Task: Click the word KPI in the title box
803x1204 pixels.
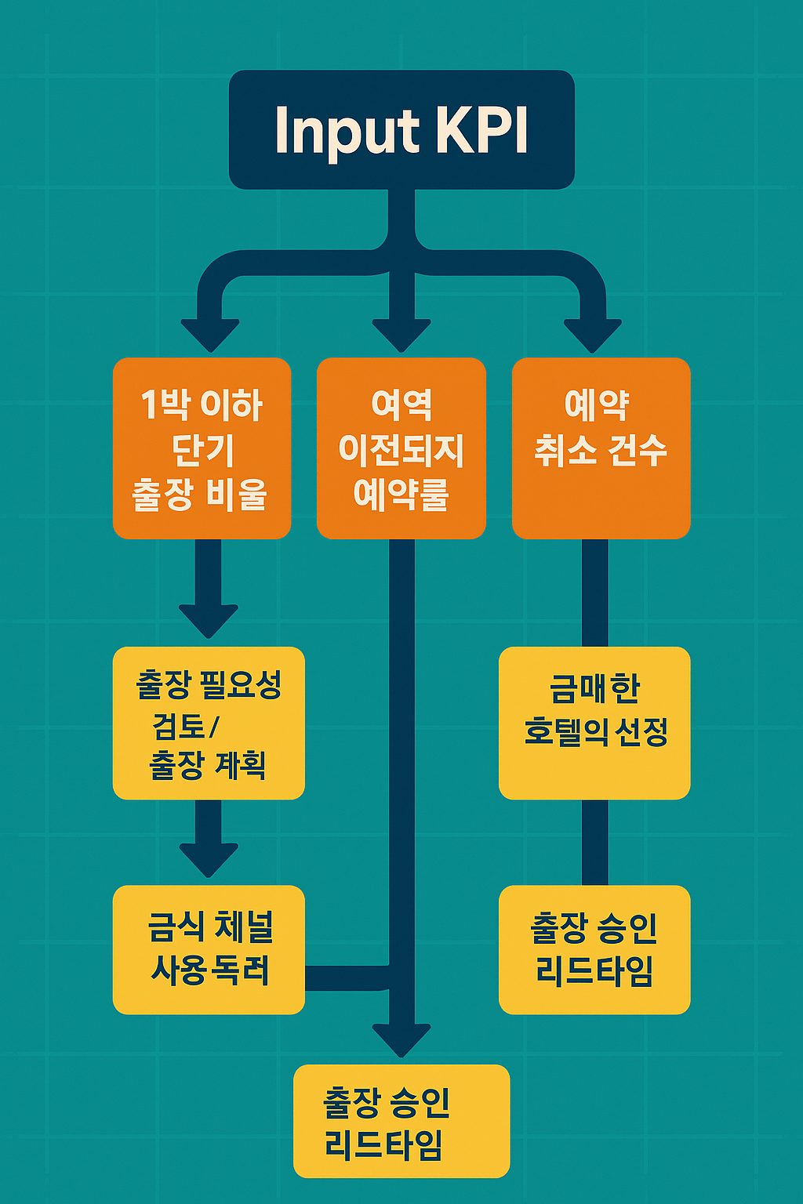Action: pos(481,131)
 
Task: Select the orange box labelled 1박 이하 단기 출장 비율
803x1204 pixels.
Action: pos(202,448)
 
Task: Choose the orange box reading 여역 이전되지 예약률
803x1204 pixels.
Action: pos(401,448)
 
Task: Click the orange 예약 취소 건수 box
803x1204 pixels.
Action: pos(601,448)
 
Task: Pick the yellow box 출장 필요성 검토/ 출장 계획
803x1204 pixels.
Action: pos(209,723)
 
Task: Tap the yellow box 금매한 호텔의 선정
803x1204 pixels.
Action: pos(594,723)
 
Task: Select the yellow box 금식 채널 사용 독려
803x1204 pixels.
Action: pos(209,949)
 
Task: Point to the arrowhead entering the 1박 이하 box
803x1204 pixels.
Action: pos(209,335)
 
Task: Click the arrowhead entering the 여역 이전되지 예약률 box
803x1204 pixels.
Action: pos(401,335)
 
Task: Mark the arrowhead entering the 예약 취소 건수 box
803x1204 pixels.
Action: pos(593,335)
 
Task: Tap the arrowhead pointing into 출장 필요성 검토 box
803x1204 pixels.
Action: pos(209,621)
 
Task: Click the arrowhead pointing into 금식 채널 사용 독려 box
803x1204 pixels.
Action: pos(209,860)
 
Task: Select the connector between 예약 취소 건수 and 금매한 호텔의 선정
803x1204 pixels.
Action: pos(594,593)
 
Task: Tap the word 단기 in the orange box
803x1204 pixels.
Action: pos(202,450)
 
